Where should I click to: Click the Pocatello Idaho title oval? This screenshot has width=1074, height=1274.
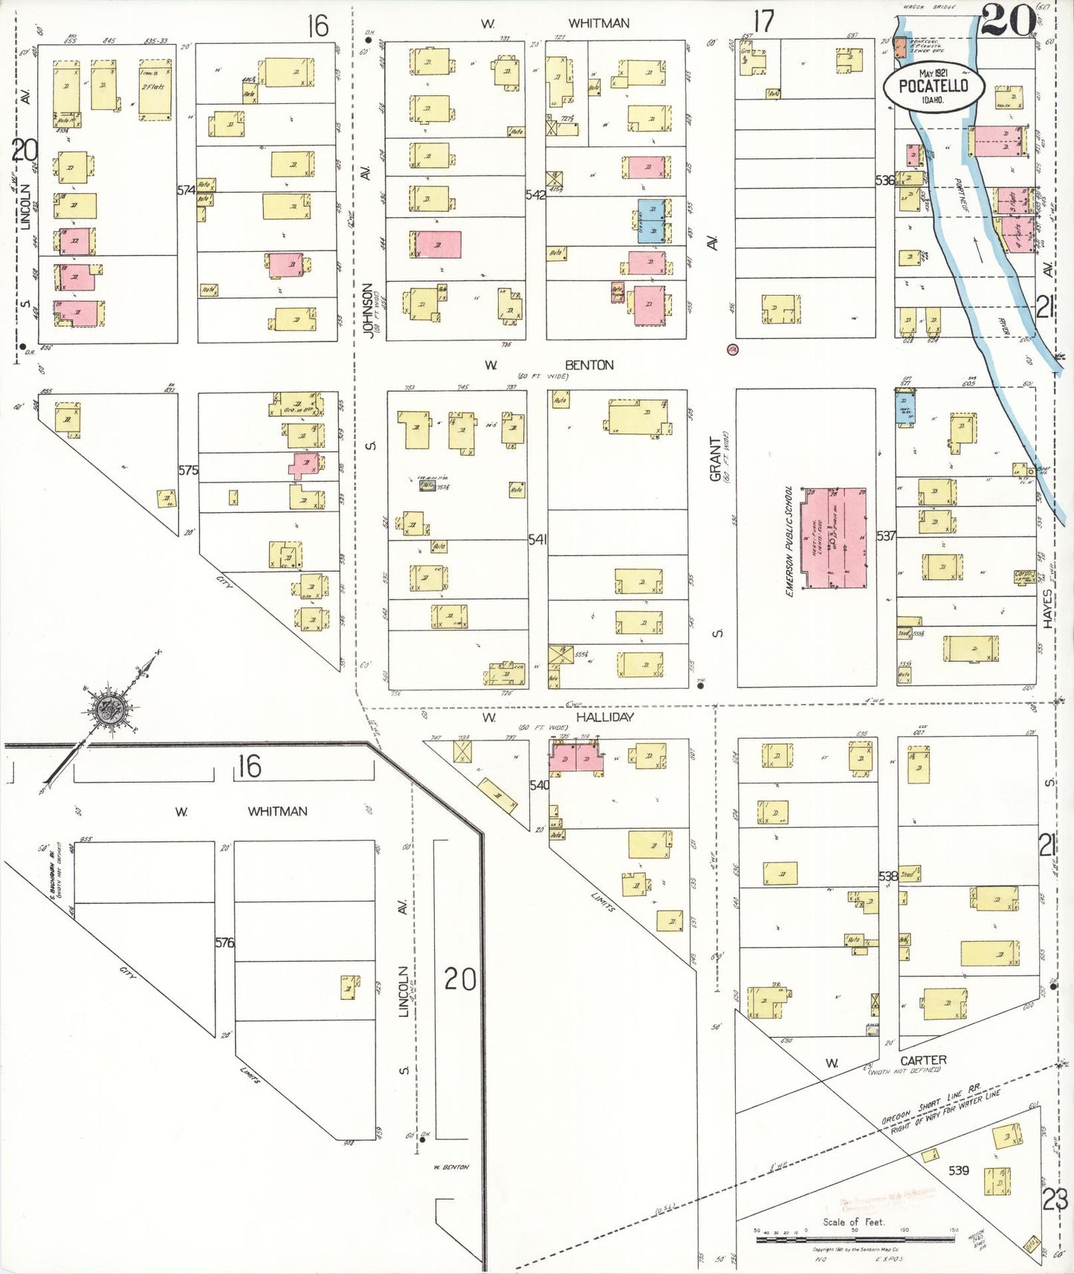(934, 86)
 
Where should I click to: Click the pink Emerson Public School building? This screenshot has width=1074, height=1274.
(836, 538)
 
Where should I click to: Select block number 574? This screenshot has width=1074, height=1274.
(186, 190)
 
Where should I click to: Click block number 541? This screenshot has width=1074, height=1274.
(537, 539)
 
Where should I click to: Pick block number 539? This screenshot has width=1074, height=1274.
(958, 1170)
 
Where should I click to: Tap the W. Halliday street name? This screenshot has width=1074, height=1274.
(604, 717)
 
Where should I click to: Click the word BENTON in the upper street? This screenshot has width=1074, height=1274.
(589, 365)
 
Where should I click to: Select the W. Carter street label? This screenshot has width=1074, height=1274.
(922, 1060)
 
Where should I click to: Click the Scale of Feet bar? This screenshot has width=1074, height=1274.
(855, 1239)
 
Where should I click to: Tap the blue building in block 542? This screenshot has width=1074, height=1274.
(652, 220)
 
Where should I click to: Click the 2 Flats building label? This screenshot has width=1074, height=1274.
(155, 87)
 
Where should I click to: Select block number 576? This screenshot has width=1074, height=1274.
(224, 942)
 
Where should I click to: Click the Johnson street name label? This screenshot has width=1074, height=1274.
(367, 310)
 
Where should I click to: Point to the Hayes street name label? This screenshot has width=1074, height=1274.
(1047, 609)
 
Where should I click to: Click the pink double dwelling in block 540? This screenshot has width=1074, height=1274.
(573, 758)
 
